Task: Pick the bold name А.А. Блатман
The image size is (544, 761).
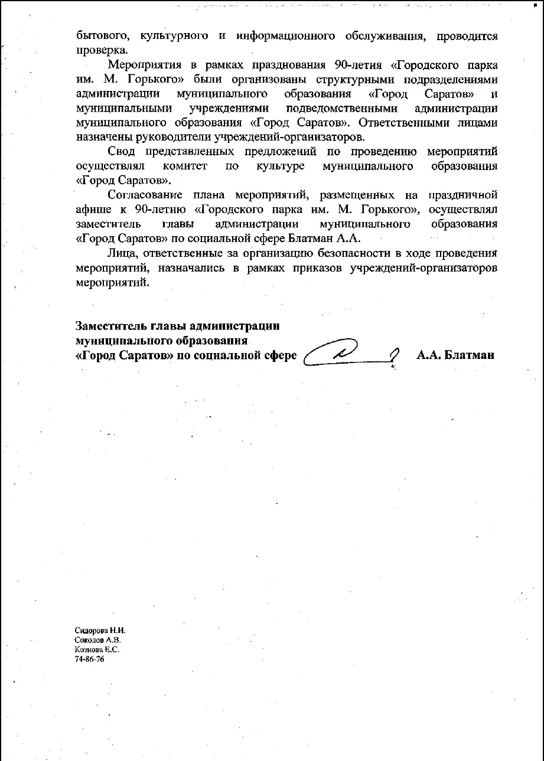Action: (455, 355)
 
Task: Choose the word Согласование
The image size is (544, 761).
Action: (146, 195)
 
